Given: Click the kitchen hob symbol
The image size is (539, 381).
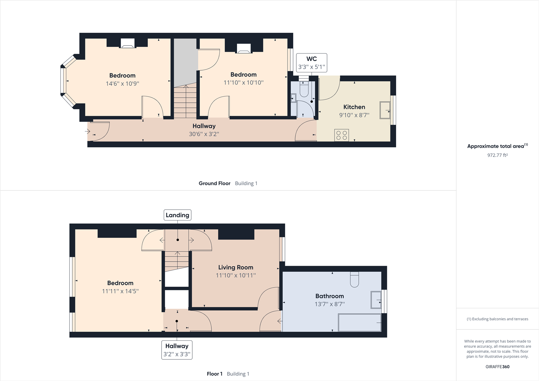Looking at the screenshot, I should tap(341, 135).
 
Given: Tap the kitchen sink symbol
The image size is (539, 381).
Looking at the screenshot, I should tap(385, 110).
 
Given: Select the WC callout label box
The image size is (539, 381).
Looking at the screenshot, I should tap(311, 63).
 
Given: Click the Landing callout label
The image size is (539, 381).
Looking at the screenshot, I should tap(177, 215).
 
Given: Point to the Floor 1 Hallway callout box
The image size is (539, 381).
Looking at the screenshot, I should tap(177, 350).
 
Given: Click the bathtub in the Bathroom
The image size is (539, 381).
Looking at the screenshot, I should tap(359, 322).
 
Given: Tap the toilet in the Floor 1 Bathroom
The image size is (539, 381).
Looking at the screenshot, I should tap(354, 279).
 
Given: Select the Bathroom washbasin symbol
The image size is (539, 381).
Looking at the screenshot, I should tap(376, 300).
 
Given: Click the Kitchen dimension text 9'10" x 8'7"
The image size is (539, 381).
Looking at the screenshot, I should tap(354, 115).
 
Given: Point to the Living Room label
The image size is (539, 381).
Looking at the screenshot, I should tap(236, 267).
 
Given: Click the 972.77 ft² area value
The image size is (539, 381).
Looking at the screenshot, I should tap(497, 155).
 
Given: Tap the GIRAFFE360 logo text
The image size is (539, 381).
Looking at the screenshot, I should tap(497, 367).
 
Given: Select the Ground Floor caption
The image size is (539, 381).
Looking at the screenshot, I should tap(214, 183).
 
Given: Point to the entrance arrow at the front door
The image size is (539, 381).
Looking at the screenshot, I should tap(87, 132).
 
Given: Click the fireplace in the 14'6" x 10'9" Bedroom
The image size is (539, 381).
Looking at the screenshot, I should tap(127, 43).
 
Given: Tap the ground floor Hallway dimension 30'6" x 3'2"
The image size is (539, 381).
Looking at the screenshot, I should tap(204, 134).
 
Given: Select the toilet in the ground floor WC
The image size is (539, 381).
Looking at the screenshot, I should tap(304, 89).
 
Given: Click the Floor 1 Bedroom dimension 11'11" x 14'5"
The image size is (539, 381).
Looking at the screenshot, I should tap(120, 291).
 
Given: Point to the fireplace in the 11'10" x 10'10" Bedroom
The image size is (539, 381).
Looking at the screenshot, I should tap(243, 49).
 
